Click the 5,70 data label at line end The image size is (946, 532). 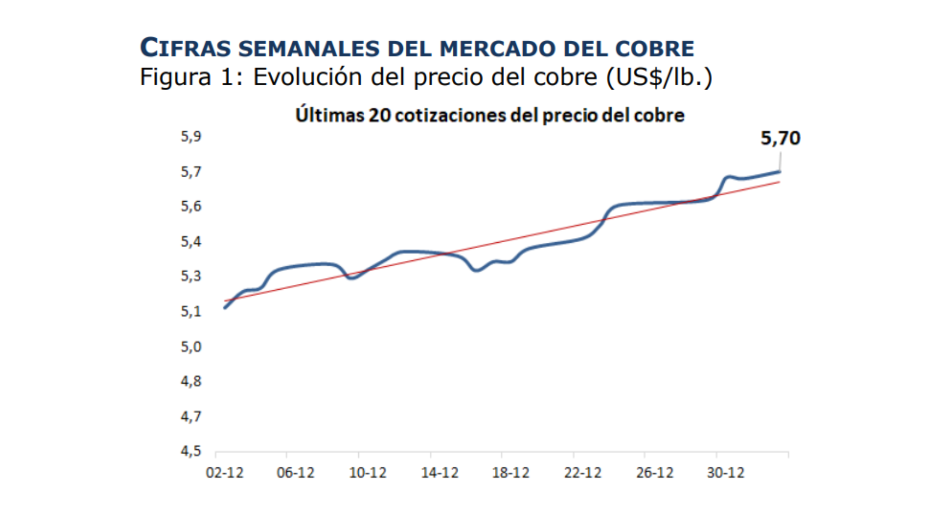pyautogui.click(x=780, y=139)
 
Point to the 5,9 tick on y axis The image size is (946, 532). pyautogui.click(x=191, y=137)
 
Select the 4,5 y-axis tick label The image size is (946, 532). pyautogui.click(x=191, y=451)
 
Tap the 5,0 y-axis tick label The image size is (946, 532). pyautogui.click(x=191, y=347)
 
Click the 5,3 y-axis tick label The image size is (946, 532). pyautogui.click(x=191, y=276)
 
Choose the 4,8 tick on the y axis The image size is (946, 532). pyautogui.click(x=191, y=381)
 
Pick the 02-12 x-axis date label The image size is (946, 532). pyautogui.click(x=224, y=473)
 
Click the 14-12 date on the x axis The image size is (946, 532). pyautogui.click(x=439, y=473)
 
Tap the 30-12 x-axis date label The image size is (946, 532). pyautogui.click(x=725, y=473)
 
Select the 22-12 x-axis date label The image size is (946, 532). pyautogui.click(x=582, y=473)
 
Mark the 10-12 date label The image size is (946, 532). pyautogui.click(x=367, y=473)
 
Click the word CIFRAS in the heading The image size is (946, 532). pyautogui.click(x=185, y=48)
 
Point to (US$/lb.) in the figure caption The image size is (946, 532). pyautogui.click(x=659, y=77)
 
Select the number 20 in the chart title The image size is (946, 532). pyautogui.click(x=380, y=115)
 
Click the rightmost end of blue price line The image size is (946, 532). pyautogui.click(x=779, y=171)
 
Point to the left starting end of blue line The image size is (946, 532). pyautogui.click(x=225, y=308)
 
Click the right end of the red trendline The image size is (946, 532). pyautogui.click(x=779, y=182)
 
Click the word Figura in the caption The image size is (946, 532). pyautogui.click(x=175, y=77)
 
